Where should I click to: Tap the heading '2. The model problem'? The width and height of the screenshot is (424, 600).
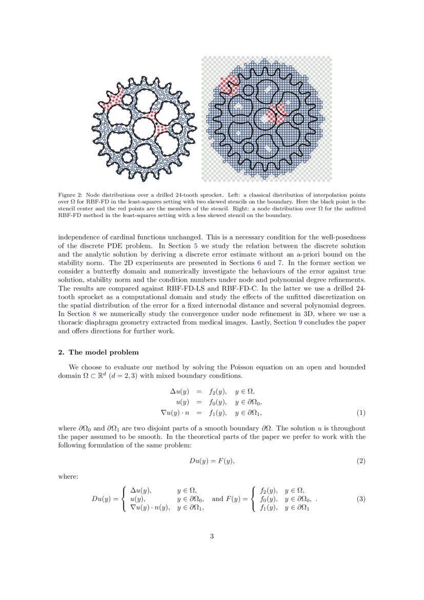point(98,352)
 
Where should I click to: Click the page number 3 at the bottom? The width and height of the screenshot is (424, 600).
point(212,536)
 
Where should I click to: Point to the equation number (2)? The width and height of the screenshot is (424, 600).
point(361,461)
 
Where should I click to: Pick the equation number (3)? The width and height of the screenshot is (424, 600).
point(361,499)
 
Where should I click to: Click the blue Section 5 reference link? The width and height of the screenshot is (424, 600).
point(195,246)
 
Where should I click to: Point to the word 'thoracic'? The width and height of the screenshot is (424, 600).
point(71,322)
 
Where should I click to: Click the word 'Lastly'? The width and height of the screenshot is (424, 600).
point(243,322)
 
